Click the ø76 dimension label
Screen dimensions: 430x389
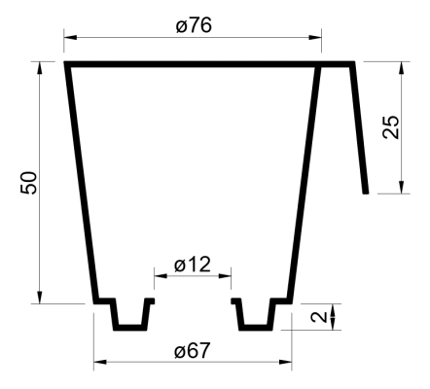pos(194,25)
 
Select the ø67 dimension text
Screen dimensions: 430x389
pos(193,350)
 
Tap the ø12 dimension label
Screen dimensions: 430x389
pos(193,265)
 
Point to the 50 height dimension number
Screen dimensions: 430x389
pos(29,183)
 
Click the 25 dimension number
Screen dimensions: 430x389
pos(391,127)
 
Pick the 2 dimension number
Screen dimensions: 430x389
pos(319,317)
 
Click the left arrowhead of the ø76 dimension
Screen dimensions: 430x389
pos(70,37)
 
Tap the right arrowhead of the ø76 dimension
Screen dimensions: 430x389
pos(315,37)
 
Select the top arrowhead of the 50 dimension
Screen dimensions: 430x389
pos(40,68)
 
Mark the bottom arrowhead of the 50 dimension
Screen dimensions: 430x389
pos(40,298)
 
